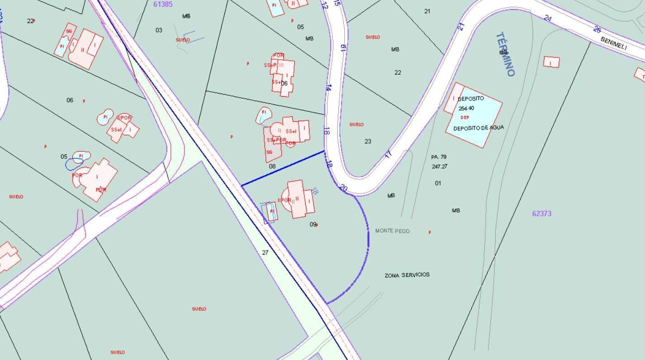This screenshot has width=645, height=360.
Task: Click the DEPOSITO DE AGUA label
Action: pos(478,128)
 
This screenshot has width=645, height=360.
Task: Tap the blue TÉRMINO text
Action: pos(505,54)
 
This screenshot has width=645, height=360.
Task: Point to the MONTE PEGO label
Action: pos(392,231)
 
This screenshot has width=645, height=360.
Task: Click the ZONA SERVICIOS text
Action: pos(407,275)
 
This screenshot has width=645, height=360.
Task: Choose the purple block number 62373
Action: pos(541,213)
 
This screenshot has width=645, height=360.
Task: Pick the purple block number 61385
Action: pos(163,4)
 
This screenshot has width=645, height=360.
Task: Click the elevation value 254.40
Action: pos(466,109)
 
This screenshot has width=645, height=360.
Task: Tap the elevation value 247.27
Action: pos(439,166)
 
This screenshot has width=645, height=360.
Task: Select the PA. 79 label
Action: pos(439,157)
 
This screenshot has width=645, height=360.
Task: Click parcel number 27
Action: pos(265,252)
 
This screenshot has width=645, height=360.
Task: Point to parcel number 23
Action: pos(368,141)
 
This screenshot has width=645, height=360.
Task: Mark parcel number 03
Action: pos(159,30)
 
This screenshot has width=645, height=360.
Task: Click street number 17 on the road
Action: pos(388,154)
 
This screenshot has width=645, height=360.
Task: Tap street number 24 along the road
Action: pos(548,19)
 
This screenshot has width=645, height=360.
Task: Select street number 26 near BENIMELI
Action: pos(597,30)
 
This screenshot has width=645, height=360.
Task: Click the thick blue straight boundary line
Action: pos(283,168)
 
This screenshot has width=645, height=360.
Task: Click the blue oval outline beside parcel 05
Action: pos(74,164)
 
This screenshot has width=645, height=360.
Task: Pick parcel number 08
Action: pos(272,166)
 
